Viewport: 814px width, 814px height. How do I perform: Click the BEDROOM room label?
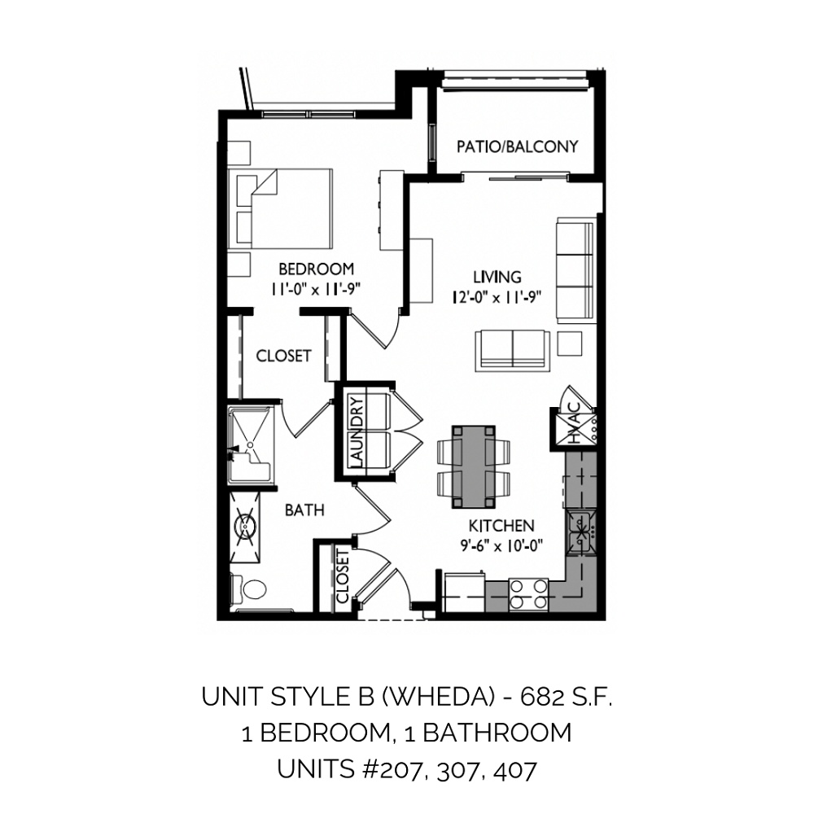click(316, 269)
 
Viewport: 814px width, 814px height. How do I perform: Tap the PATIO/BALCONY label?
click(517, 147)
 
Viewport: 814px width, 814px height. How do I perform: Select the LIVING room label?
click(497, 277)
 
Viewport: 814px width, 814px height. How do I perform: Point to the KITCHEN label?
click(501, 526)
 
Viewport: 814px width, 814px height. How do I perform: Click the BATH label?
click(304, 510)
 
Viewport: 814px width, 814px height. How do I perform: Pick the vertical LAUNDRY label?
click(357, 431)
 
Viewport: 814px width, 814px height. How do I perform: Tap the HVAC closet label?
click(574, 423)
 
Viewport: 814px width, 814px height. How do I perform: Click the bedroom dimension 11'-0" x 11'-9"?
click(316, 289)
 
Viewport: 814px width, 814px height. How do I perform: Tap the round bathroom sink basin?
click(244, 526)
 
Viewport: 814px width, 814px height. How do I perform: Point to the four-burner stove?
click(528, 594)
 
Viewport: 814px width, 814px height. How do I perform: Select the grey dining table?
click(473, 466)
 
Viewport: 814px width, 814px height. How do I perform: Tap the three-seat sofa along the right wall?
click(575, 270)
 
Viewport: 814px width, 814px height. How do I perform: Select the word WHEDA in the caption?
click(438, 697)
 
